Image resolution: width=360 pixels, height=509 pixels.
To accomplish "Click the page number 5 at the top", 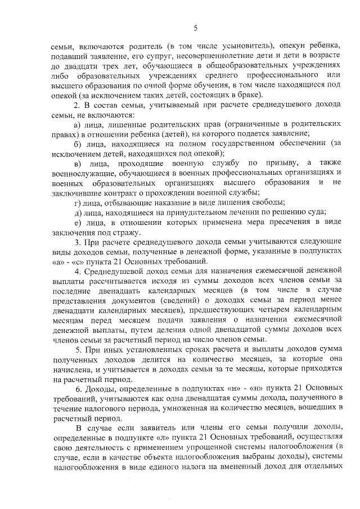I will pos(194,28).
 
